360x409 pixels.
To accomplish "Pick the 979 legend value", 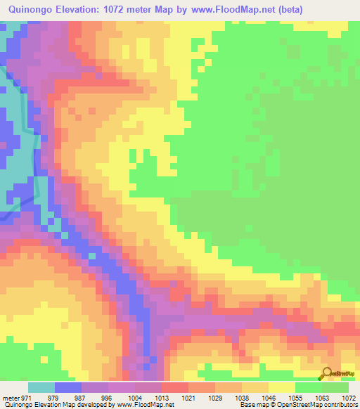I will coord(54,398).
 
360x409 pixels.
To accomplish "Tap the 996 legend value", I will coord(107,398).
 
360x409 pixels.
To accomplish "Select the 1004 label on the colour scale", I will coord(134,398).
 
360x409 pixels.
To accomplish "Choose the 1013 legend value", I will coord(161,398).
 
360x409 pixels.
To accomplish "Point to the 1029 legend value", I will coord(214,398).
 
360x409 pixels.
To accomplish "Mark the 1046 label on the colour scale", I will coord(268,398).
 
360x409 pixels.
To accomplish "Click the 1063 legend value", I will coord(321,398).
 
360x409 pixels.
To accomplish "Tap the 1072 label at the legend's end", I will coord(348,398).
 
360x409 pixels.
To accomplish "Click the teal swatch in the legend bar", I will coord(41,387).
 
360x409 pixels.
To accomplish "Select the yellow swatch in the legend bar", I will coord(282,387).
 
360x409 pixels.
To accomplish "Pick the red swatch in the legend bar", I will coord(175,387).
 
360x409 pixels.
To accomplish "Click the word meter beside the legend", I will coord(12,398).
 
